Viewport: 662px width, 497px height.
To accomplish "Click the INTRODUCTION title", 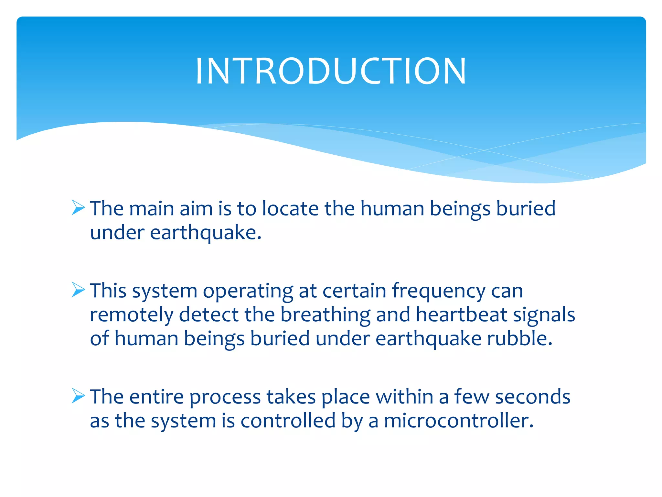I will (331, 71).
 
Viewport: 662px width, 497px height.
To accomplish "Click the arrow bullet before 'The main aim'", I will (78, 207).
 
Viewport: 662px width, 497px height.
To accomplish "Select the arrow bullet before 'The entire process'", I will (78, 396).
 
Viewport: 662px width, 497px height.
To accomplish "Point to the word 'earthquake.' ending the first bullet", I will (206, 233).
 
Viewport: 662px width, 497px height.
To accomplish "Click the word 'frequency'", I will (439, 291).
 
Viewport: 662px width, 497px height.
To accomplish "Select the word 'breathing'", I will (325, 315).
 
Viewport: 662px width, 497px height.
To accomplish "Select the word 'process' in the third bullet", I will (225, 398).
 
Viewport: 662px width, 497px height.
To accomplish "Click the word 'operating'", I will (248, 291).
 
